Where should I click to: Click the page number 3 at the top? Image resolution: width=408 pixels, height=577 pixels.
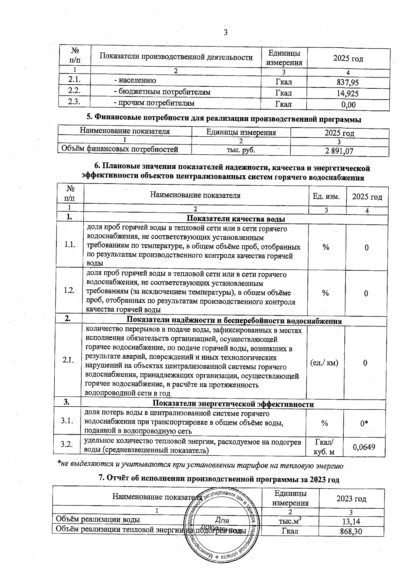click(x=225, y=33)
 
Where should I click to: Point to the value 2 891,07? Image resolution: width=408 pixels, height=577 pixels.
click(x=339, y=151)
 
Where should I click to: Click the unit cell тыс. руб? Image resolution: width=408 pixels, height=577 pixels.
click(x=241, y=150)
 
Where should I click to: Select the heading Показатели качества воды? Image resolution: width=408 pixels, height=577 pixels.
click(x=236, y=219)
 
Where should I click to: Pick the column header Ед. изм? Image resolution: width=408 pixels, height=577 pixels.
click(x=326, y=197)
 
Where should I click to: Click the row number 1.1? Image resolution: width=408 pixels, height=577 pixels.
click(x=69, y=244)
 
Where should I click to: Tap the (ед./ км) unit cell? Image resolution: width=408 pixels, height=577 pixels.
click(x=324, y=363)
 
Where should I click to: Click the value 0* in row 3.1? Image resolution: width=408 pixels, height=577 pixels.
click(x=364, y=423)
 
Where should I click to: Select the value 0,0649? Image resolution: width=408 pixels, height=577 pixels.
click(x=364, y=447)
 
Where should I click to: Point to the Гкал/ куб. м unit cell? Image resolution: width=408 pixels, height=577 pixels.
click(x=324, y=447)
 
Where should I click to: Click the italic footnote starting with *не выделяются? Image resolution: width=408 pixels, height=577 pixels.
click(x=200, y=464)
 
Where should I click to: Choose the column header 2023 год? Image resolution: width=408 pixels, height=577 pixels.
click(x=351, y=499)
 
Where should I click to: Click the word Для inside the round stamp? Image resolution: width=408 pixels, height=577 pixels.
click(x=222, y=521)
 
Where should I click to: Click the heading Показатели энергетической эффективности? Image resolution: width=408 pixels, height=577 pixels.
click(x=233, y=404)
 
